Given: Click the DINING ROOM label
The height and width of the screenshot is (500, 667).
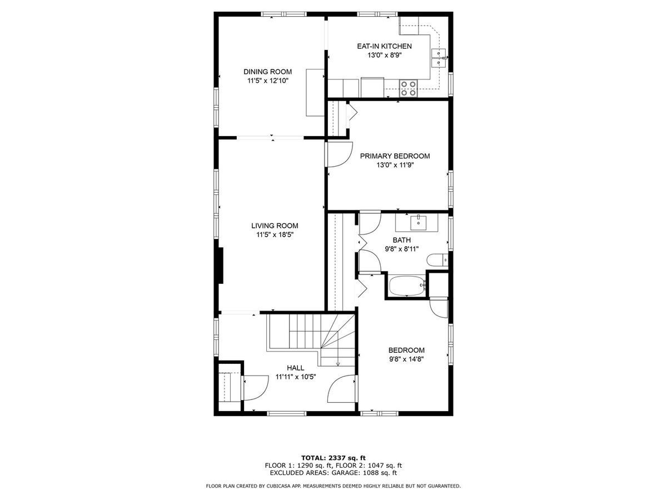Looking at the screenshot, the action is pyautogui.click(x=267, y=72).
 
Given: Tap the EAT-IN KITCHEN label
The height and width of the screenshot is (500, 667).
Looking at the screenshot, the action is pyautogui.click(x=384, y=46).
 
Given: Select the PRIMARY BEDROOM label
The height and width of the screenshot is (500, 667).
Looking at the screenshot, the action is pyautogui.click(x=395, y=156).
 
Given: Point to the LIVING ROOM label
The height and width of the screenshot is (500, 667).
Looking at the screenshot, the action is pyautogui.click(x=275, y=226).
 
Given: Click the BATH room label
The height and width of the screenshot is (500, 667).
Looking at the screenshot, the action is pyautogui.click(x=401, y=240).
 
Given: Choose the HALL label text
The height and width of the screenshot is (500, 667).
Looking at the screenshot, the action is pyautogui.click(x=295, y=368).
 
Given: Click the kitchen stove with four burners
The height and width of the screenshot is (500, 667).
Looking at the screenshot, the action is pyautogui.click(x=408, y=88).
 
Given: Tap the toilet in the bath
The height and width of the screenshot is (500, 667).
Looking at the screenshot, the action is pyautogui.click(x=437, y=260).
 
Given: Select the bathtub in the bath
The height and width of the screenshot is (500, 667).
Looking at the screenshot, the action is pyautogui.click(x=407, y=285).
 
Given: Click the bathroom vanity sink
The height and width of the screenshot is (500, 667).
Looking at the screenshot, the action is pyautogui.click(x=419, y=223).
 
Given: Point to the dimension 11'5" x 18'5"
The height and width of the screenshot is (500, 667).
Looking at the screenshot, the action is pyautogui.click(x=275, y=234).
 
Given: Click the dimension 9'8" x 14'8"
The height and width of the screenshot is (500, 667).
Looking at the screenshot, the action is pyautogui.click(x=406, y=359).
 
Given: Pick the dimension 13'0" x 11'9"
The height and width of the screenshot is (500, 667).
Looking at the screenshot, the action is pyautogui.click(x=395, y=165).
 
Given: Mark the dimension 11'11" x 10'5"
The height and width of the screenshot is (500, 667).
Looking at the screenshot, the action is pyautogui.click(x=296, y=377).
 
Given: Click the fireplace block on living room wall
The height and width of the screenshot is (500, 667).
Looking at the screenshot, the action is pyautogui.click(x=221, y=266).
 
